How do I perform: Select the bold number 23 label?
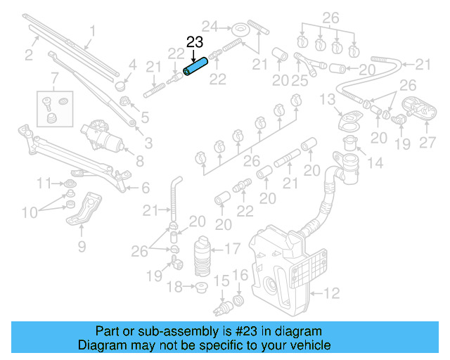[x=195, y=42]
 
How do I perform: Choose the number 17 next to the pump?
[x=231, y=247]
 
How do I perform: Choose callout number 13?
[x=328, y=101]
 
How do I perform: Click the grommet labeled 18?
[x=202, y=287]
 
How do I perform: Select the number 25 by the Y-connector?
[x=299, y=82]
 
